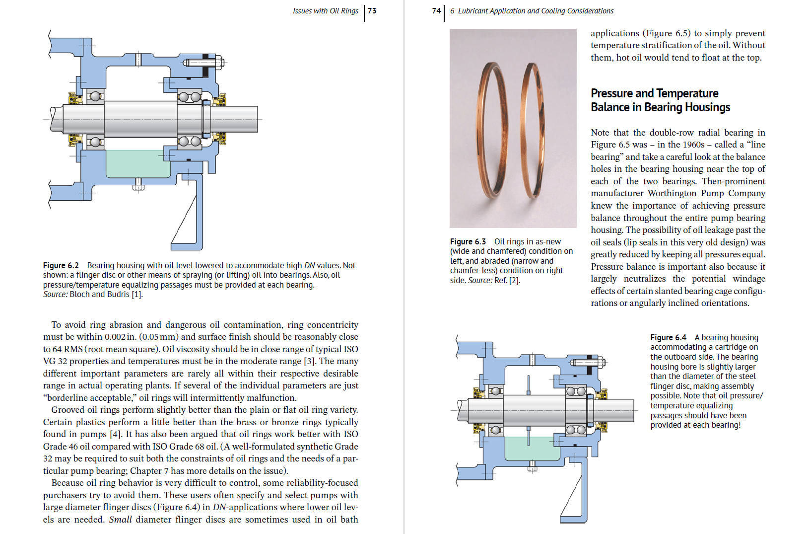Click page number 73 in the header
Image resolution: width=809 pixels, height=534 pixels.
pyautogui.click(x=372, y=10)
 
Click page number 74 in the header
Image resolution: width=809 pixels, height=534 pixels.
pyautogui.click(x=436, y=10)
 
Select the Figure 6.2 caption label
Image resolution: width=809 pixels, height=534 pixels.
pyautogui.click(x=61, y=265)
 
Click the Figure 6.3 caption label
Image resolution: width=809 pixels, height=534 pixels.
pyautogui.click(x=468, y=241)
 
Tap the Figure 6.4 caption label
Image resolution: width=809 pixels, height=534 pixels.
pyautogui.click(x=668, y=337)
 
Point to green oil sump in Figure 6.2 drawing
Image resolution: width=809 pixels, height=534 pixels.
pyautogui.click(x=138, y=164)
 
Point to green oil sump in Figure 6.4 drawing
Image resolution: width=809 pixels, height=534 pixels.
pyautogui.click(x=531, y=449)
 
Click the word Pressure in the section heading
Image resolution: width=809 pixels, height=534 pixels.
pyautogui.click(x=611, y=93)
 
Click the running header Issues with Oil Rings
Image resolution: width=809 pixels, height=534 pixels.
pyautogui.click(x=325, y=10)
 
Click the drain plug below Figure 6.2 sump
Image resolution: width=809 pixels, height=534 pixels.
pyautogui.click(x=138, y=185)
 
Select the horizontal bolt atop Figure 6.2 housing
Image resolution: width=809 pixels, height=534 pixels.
pyautogui.click(x=203, y=63)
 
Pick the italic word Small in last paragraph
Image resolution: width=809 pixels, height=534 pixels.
pyautogui.click(x=120, y=520)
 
